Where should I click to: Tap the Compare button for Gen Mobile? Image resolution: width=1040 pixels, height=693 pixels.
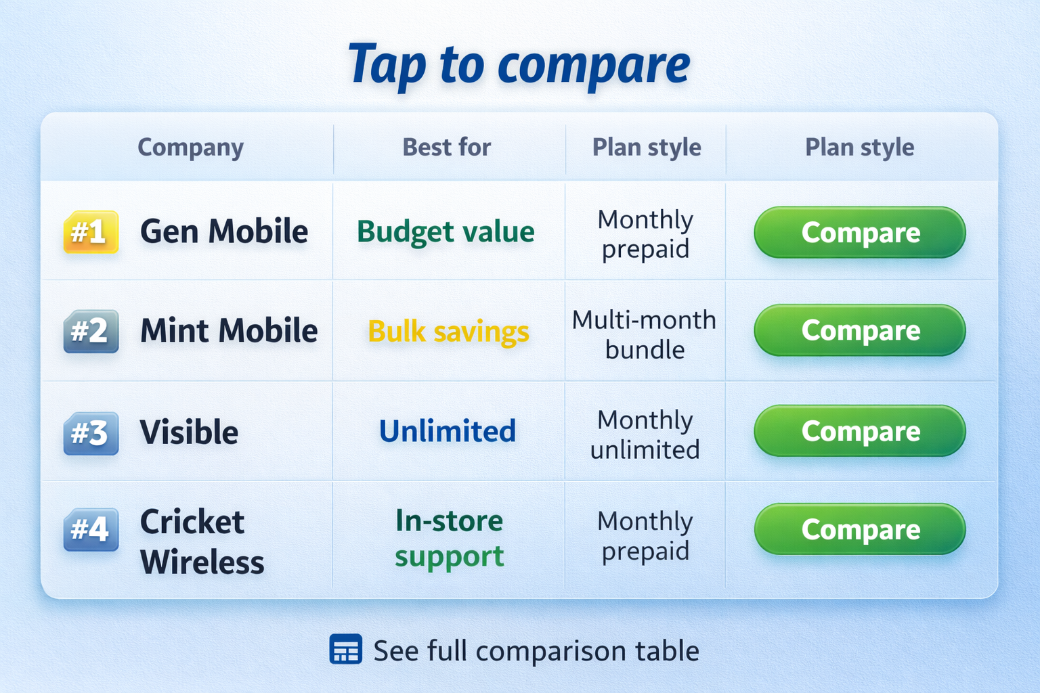pos(859,232)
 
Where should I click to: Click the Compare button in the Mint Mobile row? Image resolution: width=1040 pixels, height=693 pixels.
pos(859,330)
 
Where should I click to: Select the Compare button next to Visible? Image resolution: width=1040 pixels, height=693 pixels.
pos(859,430)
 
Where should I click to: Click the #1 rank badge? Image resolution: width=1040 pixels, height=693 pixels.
pos(91,232)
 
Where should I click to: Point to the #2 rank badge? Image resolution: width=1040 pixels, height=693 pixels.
pos(91,331)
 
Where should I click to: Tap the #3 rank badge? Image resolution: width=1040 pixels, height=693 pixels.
pos(91,432)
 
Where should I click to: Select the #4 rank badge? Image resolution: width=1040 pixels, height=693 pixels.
pos(91,529)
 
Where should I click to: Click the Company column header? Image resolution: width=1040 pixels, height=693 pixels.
pos(190,148)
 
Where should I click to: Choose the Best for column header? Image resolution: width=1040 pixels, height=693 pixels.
pos(447,148)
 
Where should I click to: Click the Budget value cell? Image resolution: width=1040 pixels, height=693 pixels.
pos(446,232)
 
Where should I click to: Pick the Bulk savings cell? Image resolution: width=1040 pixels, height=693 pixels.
pos(448,332)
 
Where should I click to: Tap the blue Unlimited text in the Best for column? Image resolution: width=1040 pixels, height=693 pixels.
pos(448,431)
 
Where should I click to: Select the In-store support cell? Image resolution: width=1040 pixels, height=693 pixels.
pos(450,538)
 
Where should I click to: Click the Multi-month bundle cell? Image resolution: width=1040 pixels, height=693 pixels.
pos(645,334)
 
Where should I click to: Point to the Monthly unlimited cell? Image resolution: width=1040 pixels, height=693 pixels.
pos(645,434)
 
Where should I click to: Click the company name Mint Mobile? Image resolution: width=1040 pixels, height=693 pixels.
pos(229,331)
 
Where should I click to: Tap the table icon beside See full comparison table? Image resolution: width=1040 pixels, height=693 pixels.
pos(345,649)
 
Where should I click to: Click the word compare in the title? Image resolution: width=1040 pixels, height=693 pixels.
pos(594,66)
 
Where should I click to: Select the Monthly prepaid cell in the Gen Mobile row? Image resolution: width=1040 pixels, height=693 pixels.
pos(645,234)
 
